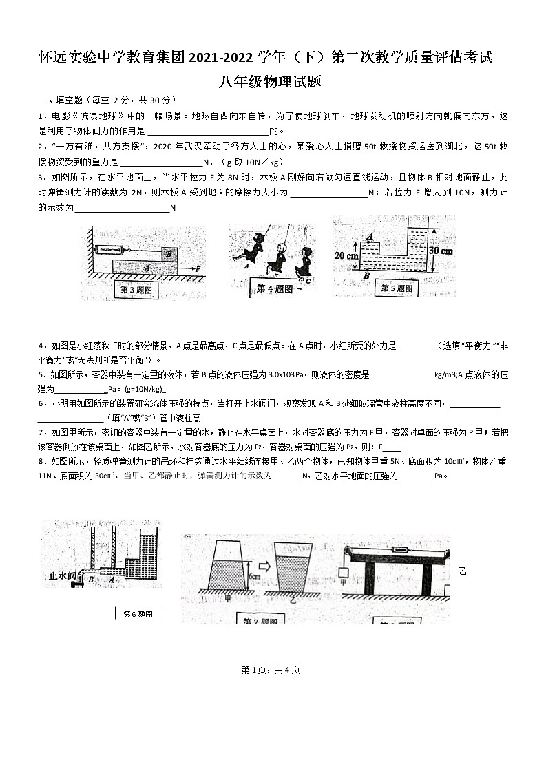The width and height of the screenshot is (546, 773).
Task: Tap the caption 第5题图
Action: pyautogui.click(x=397, y=288)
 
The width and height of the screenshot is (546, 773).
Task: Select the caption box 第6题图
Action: pyautogui.click(x=137, y=613)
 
